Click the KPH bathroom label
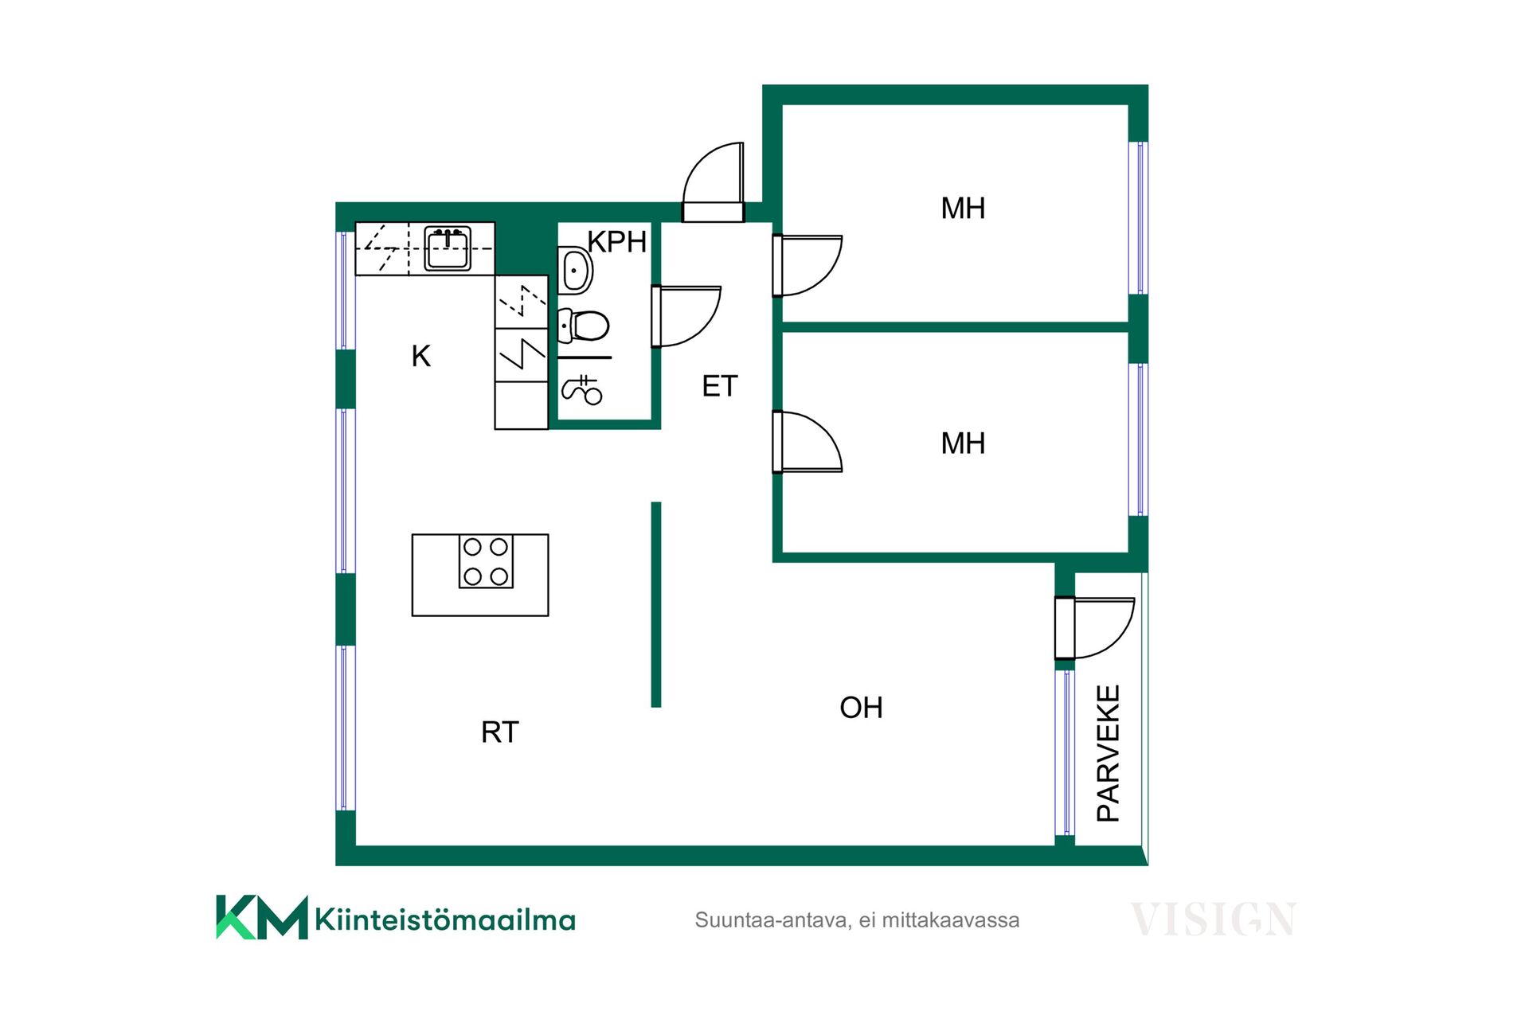coord(617,241)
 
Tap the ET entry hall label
coord(720,386)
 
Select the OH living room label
coord(862,707)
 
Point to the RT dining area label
coord(500,732)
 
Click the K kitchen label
coord(421,356)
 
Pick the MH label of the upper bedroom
coord(963,209)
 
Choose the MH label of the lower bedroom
coord(963,443)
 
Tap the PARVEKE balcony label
coord(1109,753)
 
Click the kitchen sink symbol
coord(448,248)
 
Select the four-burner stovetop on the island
coord(486,561)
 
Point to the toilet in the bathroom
coord(583,326)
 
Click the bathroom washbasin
coord(574,271)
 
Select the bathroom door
coord(686,317)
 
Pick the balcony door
coord(1094,629)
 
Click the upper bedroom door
coord(808,266)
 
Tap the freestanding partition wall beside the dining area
coord(656,604)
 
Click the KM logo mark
coord(262,917)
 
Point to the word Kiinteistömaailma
coord(445,919)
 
